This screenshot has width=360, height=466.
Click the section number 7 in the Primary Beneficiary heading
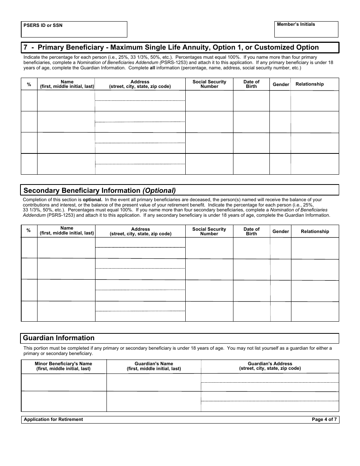(x=25, y=47)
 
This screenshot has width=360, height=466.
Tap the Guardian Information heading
(x=59, y=338)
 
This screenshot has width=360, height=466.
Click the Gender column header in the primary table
(x=280, y=84)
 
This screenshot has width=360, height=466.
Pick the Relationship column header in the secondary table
(x=315, y=231)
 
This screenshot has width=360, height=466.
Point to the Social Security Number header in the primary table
(x=209, y=84)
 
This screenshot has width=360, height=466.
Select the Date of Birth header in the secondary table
(x=251, y=231)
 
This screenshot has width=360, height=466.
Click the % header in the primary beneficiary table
(x=29, y=84)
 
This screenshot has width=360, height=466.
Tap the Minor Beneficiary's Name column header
(x=63, y=366)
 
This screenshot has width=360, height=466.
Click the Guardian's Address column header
(x=270, y=366)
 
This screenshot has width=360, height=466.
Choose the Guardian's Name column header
(x=153, y=366)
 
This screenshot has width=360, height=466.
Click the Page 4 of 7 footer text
(x=324, y=419)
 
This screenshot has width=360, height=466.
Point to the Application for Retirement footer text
(x=53, y=419)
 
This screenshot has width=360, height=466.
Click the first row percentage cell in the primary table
(x=29, y=101)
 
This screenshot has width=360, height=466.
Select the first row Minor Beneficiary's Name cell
(x=64, y=382)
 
